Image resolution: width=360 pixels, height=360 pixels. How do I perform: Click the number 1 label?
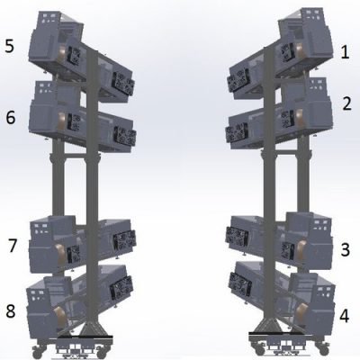click(345, 52)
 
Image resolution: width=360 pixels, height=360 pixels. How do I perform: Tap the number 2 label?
click(346, 104)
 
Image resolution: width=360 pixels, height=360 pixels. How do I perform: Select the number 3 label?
click(346, 249)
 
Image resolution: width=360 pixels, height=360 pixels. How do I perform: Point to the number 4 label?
click(346, 316)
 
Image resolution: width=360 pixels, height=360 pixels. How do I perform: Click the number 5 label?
click(11, 44)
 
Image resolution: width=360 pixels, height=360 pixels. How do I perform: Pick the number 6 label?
click(11, 117)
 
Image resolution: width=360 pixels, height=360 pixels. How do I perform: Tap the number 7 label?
click(12, 245)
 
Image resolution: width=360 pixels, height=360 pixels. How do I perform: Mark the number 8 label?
click(12, 311)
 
